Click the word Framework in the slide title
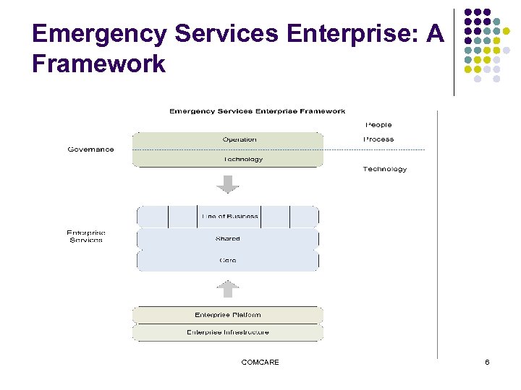(99, 64)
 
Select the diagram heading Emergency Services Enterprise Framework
(257, 111)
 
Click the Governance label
(90, 149)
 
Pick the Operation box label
(240, 139)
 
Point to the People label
(378, 125)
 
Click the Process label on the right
(378, 139)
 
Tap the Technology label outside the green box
(384, 169)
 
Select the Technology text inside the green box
(243, 159)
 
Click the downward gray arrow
(228, 184)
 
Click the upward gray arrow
(228, 288)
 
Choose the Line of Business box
(229, 217)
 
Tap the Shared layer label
(227, 238)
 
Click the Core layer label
(227, 260)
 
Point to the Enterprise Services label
(86, 236)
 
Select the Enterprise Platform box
(227, 315)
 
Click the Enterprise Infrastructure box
(227, 332)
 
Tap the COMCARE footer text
(260, 363)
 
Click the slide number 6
(487, 363)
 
